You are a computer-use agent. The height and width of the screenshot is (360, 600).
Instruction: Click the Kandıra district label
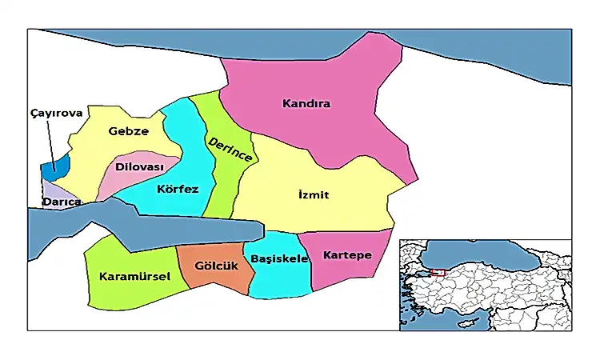306,104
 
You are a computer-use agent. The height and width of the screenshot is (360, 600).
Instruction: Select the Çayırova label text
56,114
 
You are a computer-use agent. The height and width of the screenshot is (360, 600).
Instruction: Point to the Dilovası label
139,166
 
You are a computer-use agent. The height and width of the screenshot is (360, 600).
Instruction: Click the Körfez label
178,189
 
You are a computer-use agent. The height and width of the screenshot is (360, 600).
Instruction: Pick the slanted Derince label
230,150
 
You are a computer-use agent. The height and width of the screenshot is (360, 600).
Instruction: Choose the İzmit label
308,195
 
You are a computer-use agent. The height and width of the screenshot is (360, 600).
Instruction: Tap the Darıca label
62,203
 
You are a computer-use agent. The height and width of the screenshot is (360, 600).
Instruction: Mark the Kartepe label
347,255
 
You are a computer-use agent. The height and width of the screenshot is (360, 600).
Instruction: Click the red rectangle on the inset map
437,273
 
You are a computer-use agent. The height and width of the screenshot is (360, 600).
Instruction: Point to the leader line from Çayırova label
51,140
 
